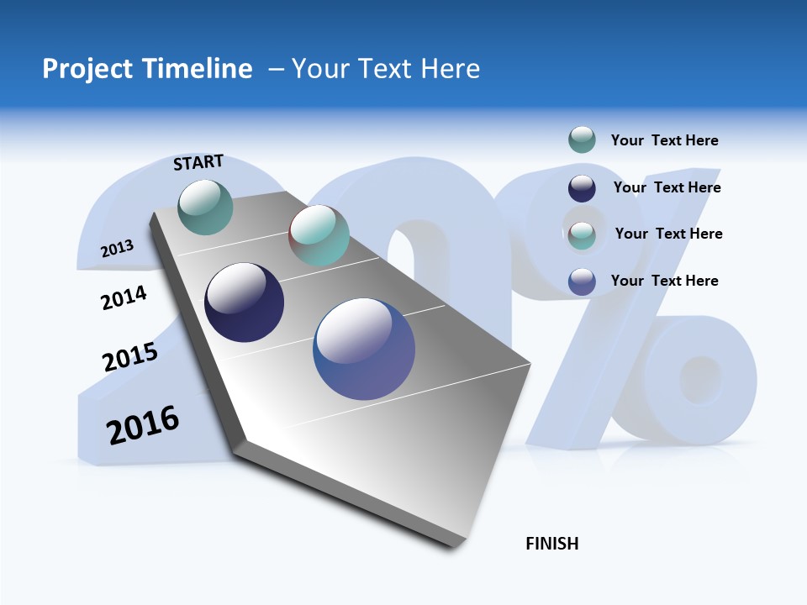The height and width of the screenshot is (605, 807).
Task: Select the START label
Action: coord(198,162)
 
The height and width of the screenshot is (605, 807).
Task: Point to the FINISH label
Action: coord(552,544)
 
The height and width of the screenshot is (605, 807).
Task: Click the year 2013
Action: coord(117,249)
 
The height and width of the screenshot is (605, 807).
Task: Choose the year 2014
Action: coord(124,297)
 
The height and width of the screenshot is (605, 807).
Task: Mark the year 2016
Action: coord(143,425)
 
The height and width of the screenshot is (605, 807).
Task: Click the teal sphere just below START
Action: coord(206,207)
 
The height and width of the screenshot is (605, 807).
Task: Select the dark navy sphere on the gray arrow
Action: coord(245,302)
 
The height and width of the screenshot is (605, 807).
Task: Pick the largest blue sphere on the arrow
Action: coord(364,348)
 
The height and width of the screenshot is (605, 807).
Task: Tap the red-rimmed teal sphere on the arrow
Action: coord(319,235)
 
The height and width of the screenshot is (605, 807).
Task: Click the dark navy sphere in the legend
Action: coord(582,188)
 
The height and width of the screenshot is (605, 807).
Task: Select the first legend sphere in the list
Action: coord(582,140)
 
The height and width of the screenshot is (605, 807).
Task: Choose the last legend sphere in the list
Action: coord(582,281)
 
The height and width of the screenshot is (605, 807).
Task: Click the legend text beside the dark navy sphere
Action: coord(667,187)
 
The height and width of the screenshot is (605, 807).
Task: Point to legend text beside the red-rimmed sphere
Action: coord(668,234)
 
